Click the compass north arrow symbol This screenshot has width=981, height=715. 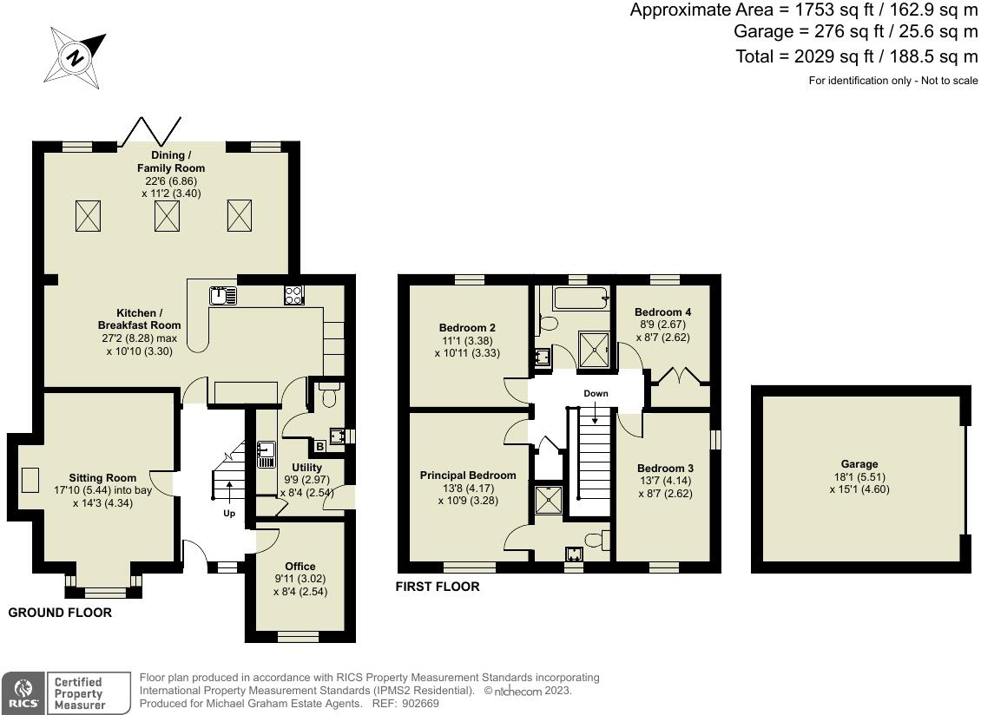click(x=77, y=58)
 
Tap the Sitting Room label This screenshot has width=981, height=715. click(x=103, y=478)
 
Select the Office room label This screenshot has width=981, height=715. click(x=300, y=567)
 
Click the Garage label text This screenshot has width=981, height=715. click(x=859, y=464)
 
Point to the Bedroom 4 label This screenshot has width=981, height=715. click(x=662, y=312)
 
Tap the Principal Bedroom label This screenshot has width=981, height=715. click(x=468, y=476)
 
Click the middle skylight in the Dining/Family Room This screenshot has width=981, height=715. click(x=167, y=215)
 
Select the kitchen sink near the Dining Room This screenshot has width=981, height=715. click(x=223, y=295)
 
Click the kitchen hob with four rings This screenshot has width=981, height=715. click(x=293, y=295)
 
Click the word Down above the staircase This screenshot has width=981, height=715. click(x=596, y=394)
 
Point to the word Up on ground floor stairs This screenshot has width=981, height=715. click(x=229, y=514)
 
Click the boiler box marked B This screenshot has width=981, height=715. click(x=319, y=447)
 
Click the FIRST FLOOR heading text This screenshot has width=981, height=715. click(x=438, y=587)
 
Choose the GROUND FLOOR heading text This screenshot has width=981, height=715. click(x=60, y=613)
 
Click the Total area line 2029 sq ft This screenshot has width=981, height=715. click(x=856, y=57)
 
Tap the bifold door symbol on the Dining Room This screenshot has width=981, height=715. click(x=150, y=131)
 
